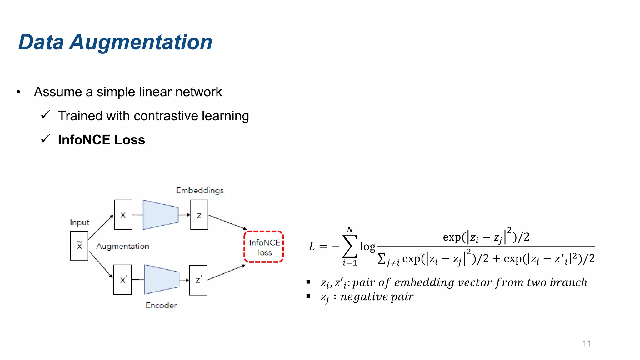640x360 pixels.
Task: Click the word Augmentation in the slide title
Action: (141, 42)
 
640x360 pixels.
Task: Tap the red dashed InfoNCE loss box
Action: (264, 247)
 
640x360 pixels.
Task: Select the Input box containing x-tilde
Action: (79, 246)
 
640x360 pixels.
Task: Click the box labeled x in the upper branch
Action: (123, 215)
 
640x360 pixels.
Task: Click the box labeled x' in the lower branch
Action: (122, 280)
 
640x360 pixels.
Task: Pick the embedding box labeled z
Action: (199, 215)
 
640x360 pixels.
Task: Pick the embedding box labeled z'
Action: (198, 280)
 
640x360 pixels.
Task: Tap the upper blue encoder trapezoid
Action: (160, 215)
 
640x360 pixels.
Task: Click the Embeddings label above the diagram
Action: (200, 190)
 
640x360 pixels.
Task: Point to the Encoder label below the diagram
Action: (161, 305)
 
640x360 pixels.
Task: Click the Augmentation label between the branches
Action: (122, 246)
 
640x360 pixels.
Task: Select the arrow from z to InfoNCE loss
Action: (227, 222)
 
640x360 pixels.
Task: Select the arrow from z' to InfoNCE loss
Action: (226, 273)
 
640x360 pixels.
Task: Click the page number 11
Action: (586, 343)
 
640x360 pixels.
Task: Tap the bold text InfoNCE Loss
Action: (102, 140)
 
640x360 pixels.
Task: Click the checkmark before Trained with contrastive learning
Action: (45, 115)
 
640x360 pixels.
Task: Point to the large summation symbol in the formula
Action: (350, 247)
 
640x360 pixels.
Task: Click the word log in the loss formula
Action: (367, 247)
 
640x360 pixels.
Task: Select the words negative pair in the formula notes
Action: (377, 297)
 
